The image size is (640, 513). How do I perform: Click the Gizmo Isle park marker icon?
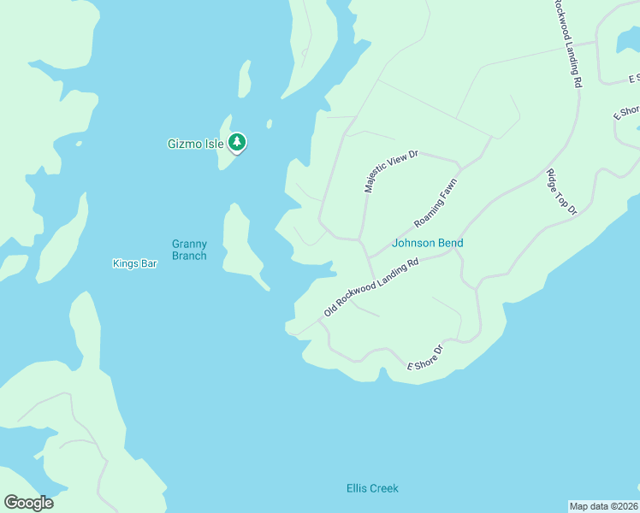tap(237, 143)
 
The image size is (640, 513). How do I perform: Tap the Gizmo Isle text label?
tap(195, 144)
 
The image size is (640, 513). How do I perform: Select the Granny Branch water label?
tap(189, 250)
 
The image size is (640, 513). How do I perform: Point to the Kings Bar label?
tap(135, 263)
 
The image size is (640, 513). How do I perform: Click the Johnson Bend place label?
tap(427, 243)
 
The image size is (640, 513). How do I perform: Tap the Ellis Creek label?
tap(372, 488)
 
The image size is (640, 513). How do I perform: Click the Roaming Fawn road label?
tap(436, 203)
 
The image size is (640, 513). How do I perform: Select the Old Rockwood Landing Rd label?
tap(370, 287)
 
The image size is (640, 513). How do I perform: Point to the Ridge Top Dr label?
tap(562, 192)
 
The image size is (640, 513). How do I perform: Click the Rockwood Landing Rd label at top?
tap(566, 43)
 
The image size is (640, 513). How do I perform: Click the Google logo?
tap(28, 503)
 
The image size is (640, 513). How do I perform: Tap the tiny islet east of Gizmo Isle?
tap(270, 124)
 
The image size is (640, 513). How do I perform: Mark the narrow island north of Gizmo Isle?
tap(244, 80)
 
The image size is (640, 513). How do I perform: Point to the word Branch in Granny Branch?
tap(189, 256)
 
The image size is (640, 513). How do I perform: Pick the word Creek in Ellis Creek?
tap(385, 488)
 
